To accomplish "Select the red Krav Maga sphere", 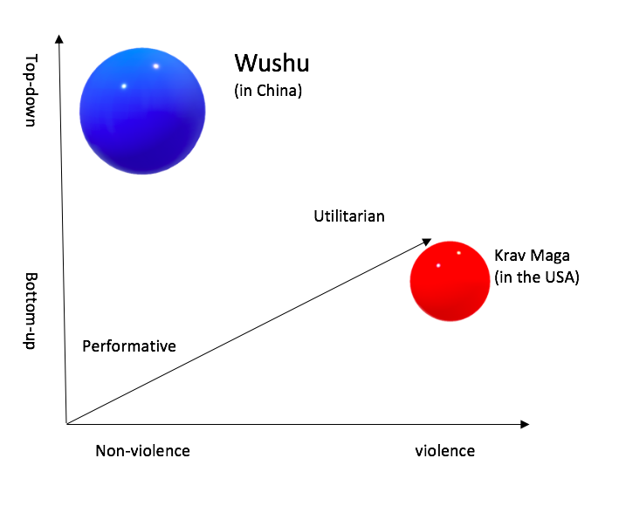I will coord(450,281).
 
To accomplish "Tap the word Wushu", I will coord(272,64).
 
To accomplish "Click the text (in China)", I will coord(268,90).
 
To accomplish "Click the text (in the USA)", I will coord(536,278).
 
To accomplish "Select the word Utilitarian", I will coord(349,216).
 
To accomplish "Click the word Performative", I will coord(129,346).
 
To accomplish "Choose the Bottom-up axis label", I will coord(31,311).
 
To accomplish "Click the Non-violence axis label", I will coord(142,451).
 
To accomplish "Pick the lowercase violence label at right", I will coord(445,451).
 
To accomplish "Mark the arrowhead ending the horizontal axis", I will coord(525,424).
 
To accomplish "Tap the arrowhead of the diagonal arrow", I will coord(429,239).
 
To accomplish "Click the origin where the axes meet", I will coord(66,424).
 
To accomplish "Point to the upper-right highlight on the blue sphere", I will coord(156,66).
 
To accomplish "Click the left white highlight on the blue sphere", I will coord(124,85).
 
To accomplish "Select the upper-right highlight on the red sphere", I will coord(458,253).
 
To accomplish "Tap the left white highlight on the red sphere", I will coord(438,265).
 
